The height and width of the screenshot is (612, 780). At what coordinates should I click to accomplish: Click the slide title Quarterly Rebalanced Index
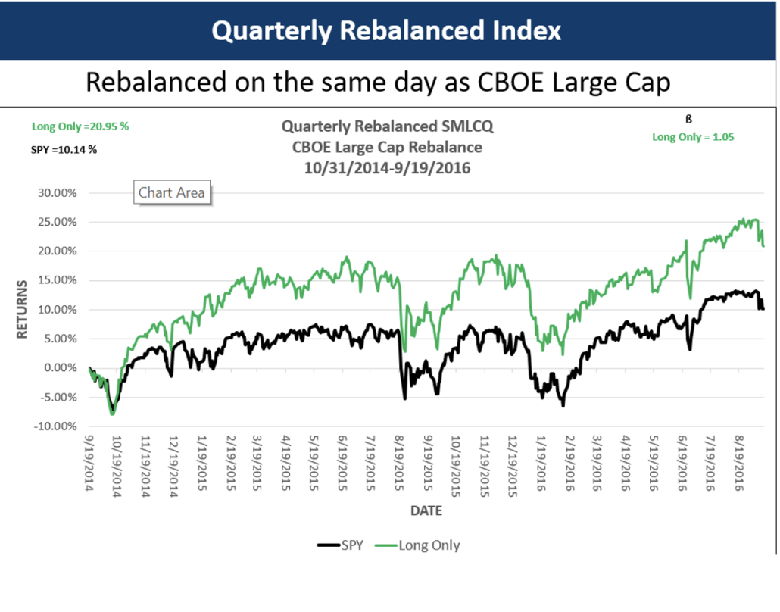(x=386, y=30)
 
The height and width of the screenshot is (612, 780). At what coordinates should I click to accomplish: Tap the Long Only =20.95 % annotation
(x=80, y=126)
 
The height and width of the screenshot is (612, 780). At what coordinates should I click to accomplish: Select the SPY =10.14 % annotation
(x=64, y=149)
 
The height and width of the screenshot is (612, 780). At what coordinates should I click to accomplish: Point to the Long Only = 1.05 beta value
(x=693, y=137)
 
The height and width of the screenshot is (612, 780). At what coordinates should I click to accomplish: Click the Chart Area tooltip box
(x=172, y=192)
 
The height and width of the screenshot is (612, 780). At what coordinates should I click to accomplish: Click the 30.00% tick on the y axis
(x=57, y=192)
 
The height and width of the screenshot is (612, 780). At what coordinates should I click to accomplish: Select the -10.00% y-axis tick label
(x=55, y=426)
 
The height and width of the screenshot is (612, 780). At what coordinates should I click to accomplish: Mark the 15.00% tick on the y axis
(x=57, y=280)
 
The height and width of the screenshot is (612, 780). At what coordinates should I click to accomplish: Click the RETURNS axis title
(x=22, y=309)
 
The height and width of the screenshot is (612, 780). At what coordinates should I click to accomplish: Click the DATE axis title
(x=426, y=511)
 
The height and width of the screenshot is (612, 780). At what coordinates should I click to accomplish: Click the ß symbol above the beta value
(x=690, y=119)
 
